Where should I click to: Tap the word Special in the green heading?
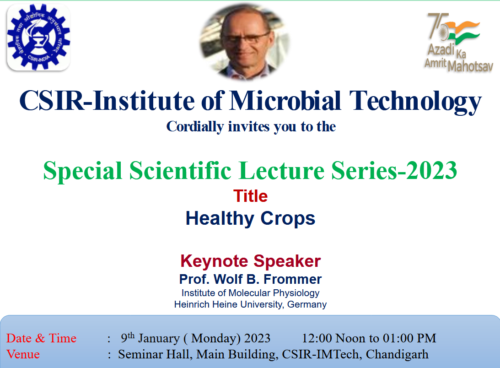coord(83,171)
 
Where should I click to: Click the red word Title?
coord(250,196)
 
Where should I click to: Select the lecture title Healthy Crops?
coord(250,218)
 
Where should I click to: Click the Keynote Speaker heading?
coord(250,261)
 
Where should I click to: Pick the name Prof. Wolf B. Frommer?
coord(250,279)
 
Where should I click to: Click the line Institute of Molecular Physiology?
coord(250,293)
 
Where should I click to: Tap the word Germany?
coord(307,304)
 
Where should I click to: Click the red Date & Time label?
coord(41,339)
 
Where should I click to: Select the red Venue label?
coord(23,354)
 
